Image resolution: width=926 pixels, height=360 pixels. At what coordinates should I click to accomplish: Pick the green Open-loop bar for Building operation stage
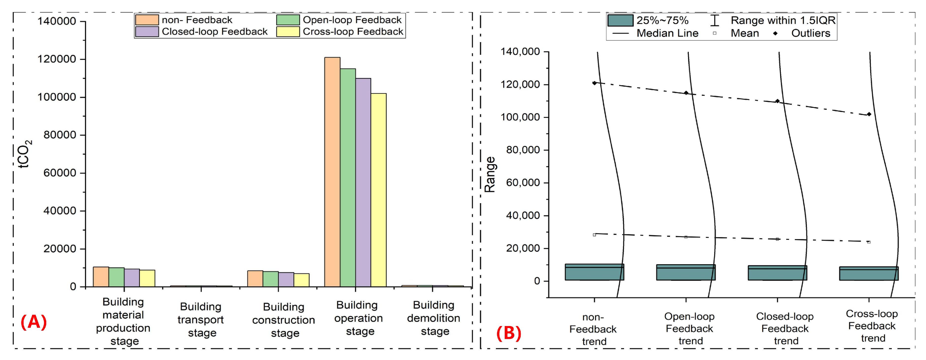click(348, 178)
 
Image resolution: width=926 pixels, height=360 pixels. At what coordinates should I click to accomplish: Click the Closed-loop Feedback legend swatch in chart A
click(147, 32)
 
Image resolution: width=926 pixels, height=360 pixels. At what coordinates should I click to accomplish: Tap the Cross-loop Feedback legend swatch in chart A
click(288, 32)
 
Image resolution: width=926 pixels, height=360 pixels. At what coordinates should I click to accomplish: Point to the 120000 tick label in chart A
click(57, 59)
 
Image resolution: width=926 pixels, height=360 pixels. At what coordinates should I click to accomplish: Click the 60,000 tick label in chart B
click(523, 183)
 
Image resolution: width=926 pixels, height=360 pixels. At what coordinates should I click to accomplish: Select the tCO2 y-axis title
click(24, 154)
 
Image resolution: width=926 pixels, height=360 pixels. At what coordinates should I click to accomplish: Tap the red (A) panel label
click(33, 322)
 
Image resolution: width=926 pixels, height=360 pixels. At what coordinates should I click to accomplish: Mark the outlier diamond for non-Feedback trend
click(594, 83)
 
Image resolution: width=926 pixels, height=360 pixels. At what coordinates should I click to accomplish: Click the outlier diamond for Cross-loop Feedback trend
click(869, 114)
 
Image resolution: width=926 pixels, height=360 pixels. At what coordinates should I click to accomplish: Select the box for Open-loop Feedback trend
click(686, 272)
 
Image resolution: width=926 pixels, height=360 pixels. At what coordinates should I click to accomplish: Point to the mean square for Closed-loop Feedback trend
click(777, 239)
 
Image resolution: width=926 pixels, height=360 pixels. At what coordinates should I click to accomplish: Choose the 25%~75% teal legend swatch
click(620, 20)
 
